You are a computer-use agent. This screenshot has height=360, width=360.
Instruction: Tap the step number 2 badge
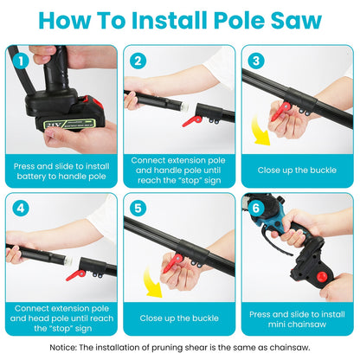137,61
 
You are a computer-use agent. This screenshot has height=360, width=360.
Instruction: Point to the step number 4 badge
19,209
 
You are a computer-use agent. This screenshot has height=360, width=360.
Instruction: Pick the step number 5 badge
137,209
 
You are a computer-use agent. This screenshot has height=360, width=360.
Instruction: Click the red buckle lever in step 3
281,111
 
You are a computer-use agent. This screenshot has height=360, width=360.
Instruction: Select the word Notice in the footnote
90,346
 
